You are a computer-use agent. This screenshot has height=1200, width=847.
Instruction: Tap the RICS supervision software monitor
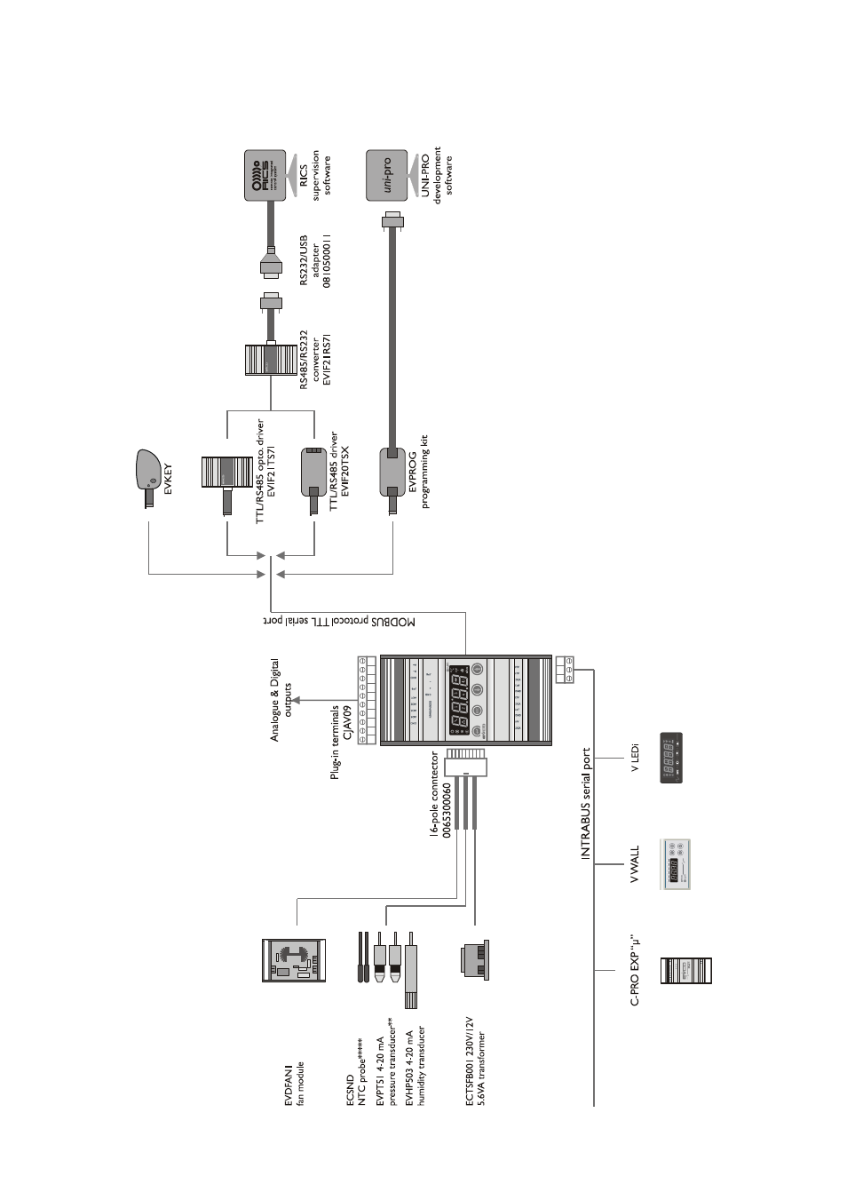(265, 177)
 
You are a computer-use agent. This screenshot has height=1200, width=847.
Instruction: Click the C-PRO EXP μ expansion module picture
(686, 971)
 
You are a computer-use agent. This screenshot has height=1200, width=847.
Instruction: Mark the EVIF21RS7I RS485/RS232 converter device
(270, 361)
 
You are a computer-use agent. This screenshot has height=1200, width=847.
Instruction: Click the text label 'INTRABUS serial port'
(585, 804)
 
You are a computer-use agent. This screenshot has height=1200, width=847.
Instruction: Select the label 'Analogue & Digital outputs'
(281, 700)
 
